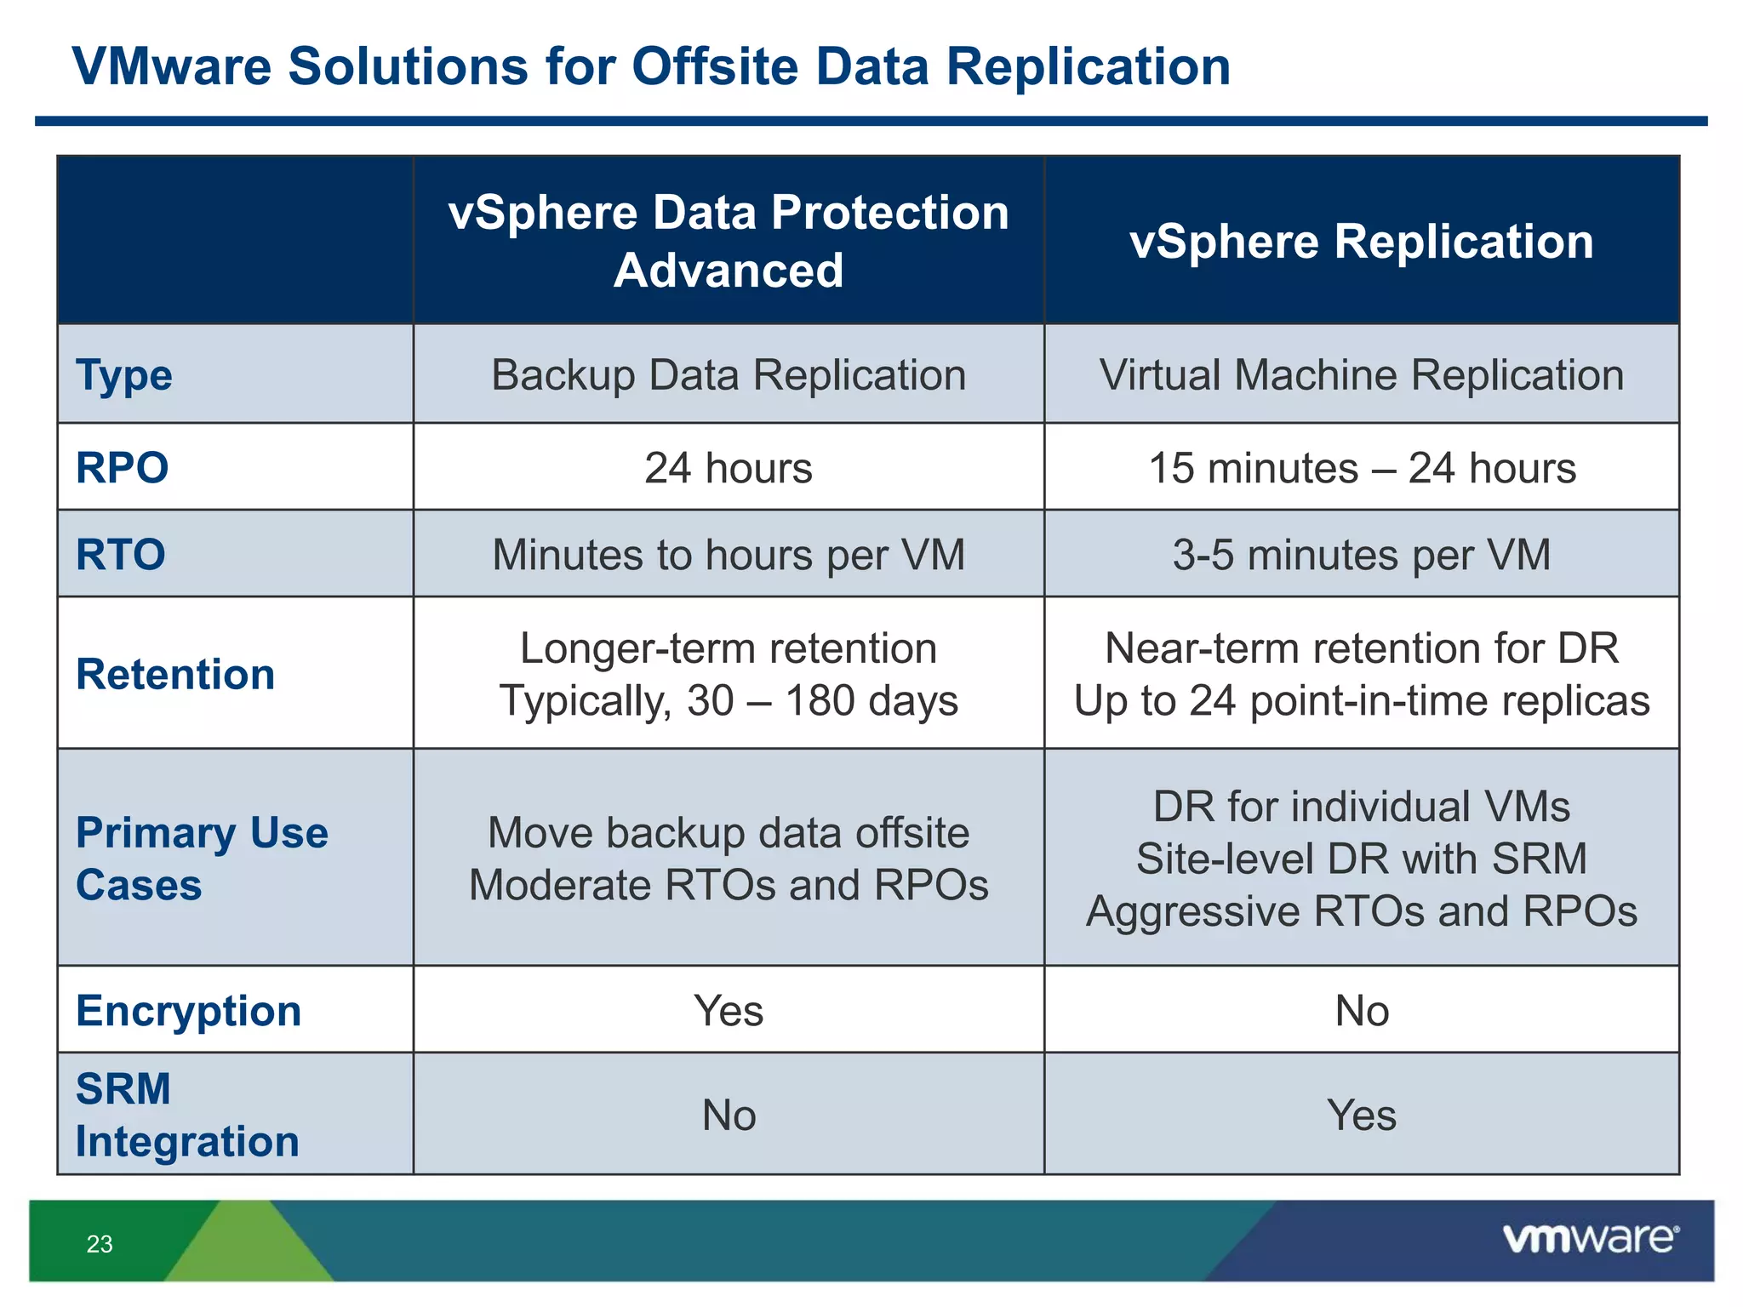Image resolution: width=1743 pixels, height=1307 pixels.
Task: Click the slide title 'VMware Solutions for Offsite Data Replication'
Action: (651, 66)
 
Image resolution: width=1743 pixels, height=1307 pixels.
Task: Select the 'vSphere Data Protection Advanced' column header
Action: (729, 241)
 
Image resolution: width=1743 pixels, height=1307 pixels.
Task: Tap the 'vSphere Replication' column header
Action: (1361, 242)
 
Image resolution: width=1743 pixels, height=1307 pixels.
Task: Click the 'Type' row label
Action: (124, 375)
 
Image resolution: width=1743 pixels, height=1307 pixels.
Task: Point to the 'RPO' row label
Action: (123, 468)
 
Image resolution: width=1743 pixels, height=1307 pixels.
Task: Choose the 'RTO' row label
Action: (121, 555)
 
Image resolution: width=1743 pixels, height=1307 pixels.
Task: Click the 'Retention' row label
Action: (175, 674)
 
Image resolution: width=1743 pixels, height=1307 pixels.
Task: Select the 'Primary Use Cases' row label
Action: (202, 858)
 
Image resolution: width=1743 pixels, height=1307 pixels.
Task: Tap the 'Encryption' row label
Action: (188, 1011)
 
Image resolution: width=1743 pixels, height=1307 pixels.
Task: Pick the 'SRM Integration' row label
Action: (187, 1115)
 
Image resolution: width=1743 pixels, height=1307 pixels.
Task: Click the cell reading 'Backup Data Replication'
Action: (729, 375)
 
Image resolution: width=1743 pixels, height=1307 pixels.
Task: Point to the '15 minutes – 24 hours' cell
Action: (1362, 468)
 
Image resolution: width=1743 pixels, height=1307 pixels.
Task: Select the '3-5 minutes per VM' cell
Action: (1362, 555)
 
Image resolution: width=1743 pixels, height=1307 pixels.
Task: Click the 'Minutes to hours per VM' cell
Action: (729, 555)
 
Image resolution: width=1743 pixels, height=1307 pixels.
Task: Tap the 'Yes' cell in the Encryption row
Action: (729, 1011)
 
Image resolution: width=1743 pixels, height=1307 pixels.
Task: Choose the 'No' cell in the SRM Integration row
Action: (729, 1115)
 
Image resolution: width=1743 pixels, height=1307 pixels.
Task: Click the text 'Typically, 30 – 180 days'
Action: (729, 701)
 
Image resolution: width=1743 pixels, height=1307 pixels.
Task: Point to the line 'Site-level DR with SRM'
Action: (1362, 859)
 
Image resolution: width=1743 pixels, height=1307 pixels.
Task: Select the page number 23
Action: (100, 1244)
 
